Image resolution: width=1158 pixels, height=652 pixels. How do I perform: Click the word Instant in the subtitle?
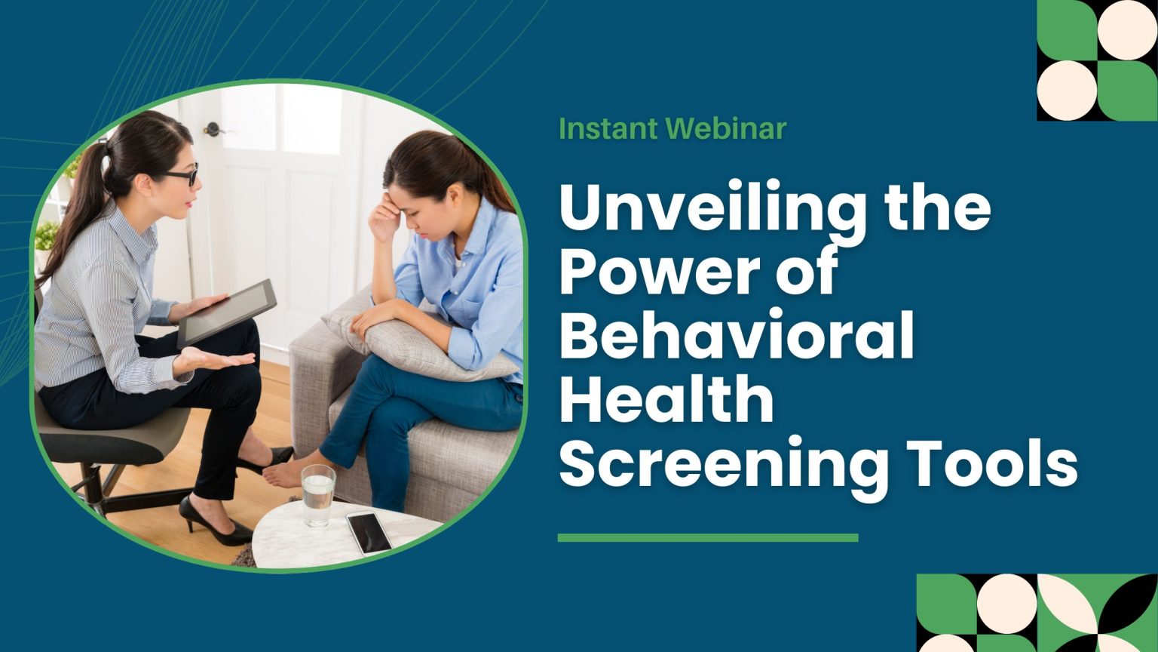[608, 129]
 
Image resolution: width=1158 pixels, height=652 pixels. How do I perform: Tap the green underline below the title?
[707, 538]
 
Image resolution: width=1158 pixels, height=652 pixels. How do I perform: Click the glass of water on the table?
[318, 495]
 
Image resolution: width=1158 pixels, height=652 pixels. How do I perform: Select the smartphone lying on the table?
[369, 532]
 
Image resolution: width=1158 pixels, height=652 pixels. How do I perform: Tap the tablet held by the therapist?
[227, 313]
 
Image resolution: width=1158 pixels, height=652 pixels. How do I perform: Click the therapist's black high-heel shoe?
[214, 524]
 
